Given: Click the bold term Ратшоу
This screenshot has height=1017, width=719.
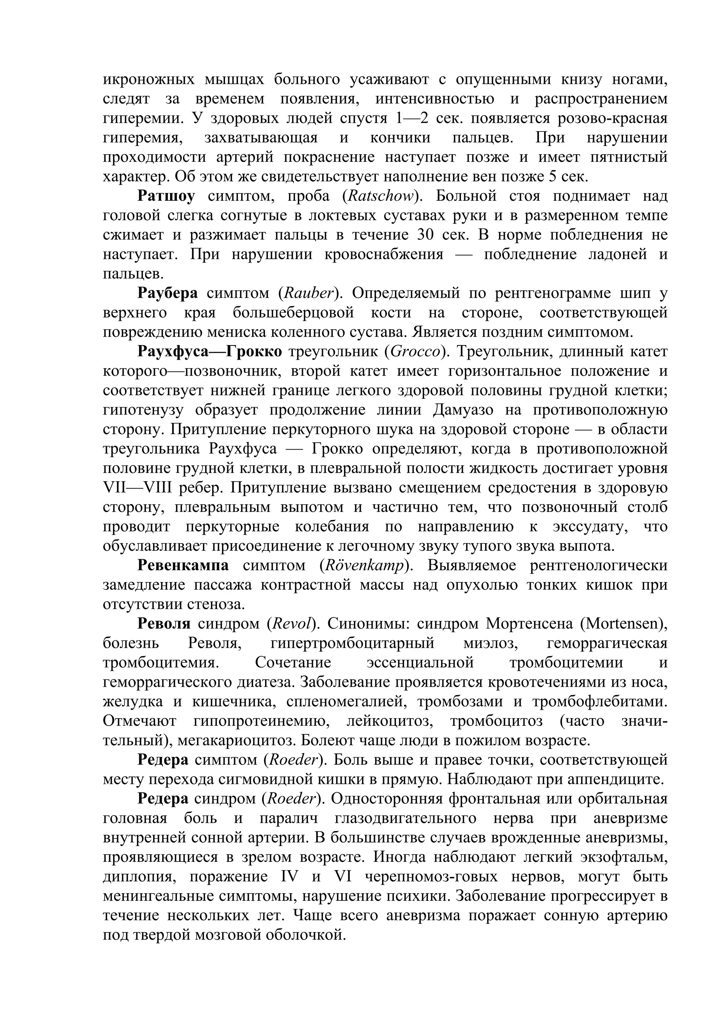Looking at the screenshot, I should pos(166,196).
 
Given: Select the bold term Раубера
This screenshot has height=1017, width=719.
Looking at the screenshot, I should pos(167,293).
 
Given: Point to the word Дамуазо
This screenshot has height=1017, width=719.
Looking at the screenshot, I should pos(463,410).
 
